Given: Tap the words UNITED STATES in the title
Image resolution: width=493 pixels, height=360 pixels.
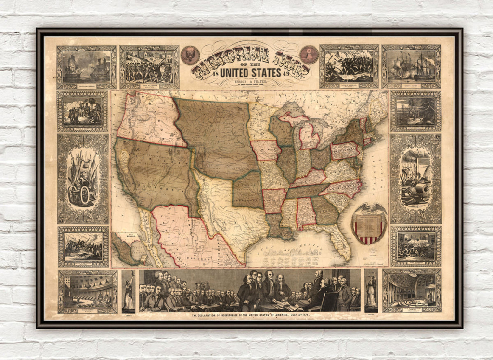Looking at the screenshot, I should (x=250, y=73).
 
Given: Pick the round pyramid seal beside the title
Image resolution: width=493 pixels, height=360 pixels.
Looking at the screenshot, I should (x=309, y=54).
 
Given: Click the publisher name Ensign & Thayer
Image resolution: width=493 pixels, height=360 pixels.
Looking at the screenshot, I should (x=250, y=82).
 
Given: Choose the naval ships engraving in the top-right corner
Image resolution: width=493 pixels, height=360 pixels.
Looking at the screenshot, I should (x=411, y=66).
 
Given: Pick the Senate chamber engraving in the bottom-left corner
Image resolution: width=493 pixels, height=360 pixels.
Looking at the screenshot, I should (x=87, y=291).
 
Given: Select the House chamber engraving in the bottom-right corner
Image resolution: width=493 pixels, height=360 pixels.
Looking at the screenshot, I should (x=412, y=291).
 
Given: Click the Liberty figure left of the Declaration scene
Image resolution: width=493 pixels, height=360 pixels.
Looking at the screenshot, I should (x=129, y=291).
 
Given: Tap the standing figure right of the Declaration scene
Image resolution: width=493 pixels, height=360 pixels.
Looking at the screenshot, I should (x=371, y=291).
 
